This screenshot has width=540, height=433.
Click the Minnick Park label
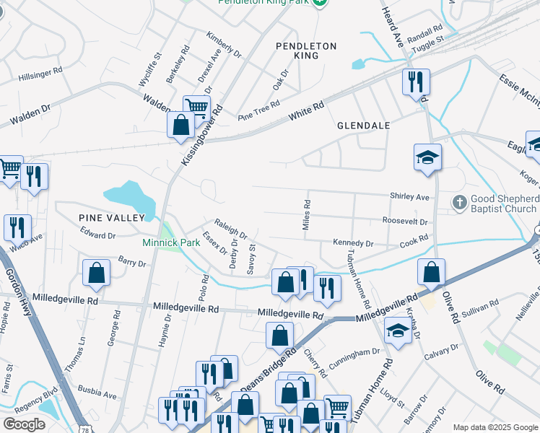171,242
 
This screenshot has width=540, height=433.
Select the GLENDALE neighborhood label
364,126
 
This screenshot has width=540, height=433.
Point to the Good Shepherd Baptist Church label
505,204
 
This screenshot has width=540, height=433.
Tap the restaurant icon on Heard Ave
416,82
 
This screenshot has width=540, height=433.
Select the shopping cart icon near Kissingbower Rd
196,108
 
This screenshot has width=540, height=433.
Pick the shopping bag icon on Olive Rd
431,272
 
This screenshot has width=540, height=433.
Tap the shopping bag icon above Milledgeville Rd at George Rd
96,273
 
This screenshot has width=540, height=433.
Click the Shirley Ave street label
409,197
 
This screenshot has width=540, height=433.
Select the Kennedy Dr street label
353,244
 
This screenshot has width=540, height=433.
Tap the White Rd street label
307,110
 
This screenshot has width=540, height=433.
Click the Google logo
25,424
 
